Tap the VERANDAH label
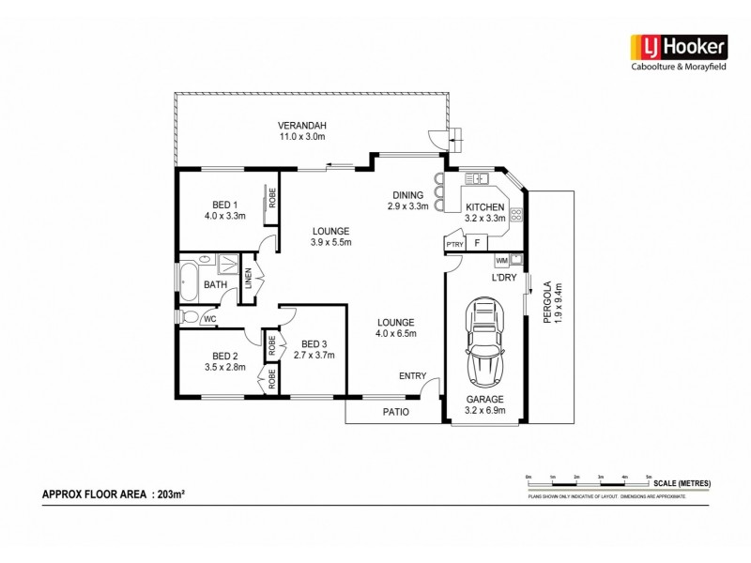point(301,126)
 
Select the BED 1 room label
point(224,205)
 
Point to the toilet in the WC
point(190,317)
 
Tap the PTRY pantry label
point(455,245)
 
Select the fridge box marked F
point(478,244)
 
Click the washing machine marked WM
point(501,260)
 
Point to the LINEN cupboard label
point(249,280)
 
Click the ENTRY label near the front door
point(412,376)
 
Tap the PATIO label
point(393,412)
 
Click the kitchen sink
point(478,178)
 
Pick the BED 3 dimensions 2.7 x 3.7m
point(314,356)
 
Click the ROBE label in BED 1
point(272,199)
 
